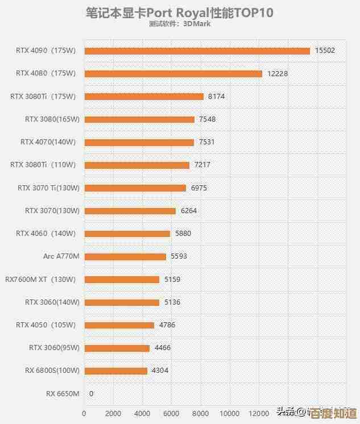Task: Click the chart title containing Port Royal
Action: pyautogui.click(x=179, y=13)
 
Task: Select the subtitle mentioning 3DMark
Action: pyautogui.click(x=180, y=24)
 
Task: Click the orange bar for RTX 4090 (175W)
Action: pyautogui.click(x=197, y=51)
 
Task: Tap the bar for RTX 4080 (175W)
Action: pyautogui.click(x=173, y=73)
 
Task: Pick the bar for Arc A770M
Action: pyautogui.click(x=125, y=256)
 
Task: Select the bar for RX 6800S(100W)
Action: pyautogui.click(x=115, y=371)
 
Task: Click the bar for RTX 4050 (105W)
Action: pyautogui.click(x=119, y=325)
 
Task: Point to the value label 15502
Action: pyautogui.click(x=325, y=51)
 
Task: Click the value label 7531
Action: pyautogui.click(x=206, y=142)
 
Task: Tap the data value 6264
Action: pyautogui.click(x=188, y=211)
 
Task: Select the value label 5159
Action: pyautogui.click(x=172, y=280)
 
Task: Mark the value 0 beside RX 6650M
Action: pyautogui.click(x=91, y=393)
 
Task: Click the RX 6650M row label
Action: pyautogui.click(x=63, y=393)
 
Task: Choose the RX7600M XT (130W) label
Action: pyautogui.click(x=40, y=280)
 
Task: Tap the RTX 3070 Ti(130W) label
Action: pyautogui.click(x=48, y=188)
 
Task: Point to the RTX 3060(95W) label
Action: pyautogui.click(x=54, y=348)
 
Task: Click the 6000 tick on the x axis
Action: pyautogui.click(x=171, y=413)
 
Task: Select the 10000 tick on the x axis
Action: pyautogui.click(x=230, y=413)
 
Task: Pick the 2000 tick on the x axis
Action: pyautogui.click(x=113, y=413)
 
